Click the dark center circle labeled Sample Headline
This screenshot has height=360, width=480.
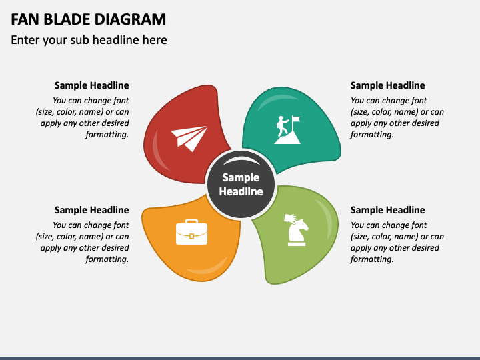tap(241, 185)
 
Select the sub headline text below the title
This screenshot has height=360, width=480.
tap(89, 40)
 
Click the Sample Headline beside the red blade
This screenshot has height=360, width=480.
tap(91, 85)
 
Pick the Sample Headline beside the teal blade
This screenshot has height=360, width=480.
tap(387, 85)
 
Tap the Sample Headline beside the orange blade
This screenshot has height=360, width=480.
tap(91, 210)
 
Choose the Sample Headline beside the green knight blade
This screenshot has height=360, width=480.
tap(387, 210)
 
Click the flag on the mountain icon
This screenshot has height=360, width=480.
tap(296, 120)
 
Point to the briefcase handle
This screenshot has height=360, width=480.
tap(191, 221)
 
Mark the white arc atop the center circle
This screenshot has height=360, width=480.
tap(241, 160)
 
